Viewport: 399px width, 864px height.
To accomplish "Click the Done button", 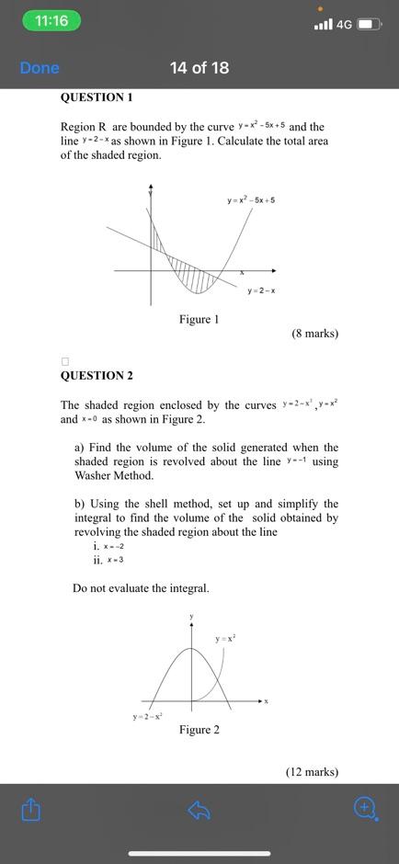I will click(40, 68).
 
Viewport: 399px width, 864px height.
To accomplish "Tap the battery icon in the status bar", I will click(369, 23).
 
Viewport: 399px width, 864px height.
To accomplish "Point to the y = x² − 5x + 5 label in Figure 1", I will click(251, 199).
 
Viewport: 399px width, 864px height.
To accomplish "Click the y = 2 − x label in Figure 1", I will click(261, 290).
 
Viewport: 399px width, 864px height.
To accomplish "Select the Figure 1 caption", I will click(199, 320).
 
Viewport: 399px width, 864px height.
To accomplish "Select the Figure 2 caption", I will click(199, 730).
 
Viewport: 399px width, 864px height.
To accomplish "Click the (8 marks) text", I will click(314, 334).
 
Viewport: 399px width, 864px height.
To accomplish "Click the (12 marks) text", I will click(312, 772).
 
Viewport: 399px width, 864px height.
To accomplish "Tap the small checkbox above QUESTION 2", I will click(64, 361).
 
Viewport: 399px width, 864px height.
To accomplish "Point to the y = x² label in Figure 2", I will click(225, 638).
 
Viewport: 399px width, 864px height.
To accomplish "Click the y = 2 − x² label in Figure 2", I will click(147, 716).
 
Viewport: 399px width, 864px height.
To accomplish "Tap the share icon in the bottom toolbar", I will click(31, 810).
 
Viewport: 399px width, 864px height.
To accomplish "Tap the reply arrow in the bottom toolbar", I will click(199, 810).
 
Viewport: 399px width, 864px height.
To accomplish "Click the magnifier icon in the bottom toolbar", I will click(365, 808).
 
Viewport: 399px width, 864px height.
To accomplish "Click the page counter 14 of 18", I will click(199, 68).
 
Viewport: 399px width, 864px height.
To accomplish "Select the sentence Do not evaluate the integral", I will click(141, 588).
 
